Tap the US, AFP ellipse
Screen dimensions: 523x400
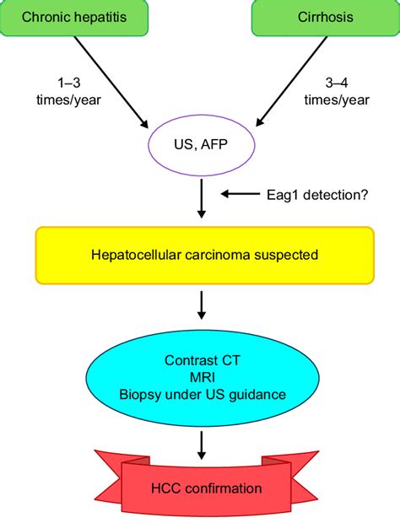200,147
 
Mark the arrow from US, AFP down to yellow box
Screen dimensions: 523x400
200,199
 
